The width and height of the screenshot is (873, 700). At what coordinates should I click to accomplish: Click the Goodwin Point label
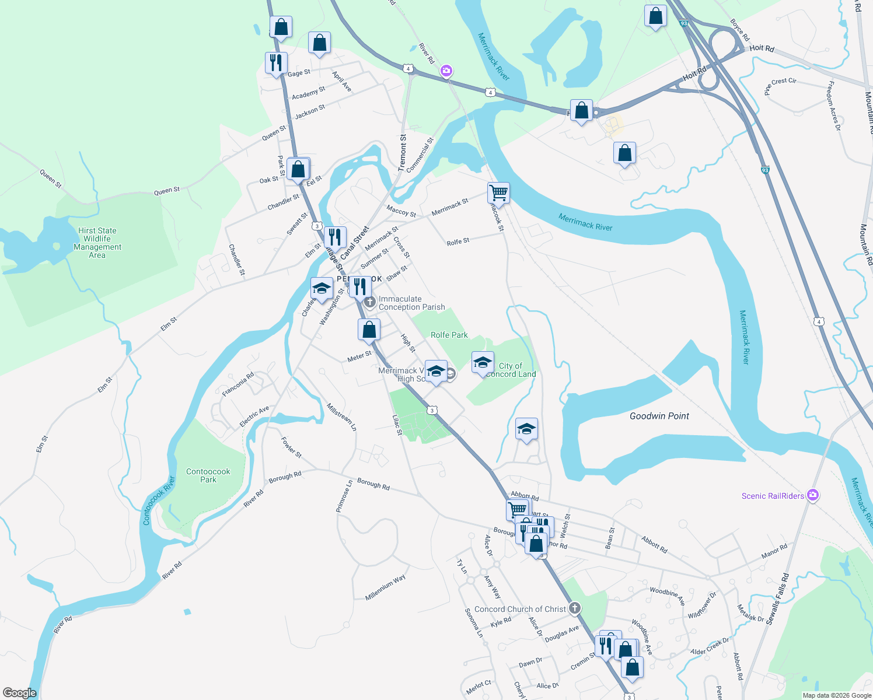click(x=659, y=416)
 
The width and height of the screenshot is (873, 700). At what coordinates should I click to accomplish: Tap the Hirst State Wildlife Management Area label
click(x=97, y=243)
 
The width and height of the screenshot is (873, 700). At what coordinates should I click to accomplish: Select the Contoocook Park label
click(x=208, y=475)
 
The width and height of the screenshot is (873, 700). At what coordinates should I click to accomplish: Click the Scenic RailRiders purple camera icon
click(x=813, y=495)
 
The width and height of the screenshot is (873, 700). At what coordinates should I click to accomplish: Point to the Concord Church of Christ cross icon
click(x=575, y=608)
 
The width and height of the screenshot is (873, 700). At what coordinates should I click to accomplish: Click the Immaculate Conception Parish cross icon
click(x=369, y=302)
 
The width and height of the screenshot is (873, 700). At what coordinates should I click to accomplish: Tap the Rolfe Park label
click(x=449, y=335)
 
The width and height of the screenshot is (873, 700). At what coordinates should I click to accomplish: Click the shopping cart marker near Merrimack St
click(x=498, y=192)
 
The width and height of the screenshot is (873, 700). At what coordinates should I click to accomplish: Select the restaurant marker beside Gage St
click(x=276, y=62)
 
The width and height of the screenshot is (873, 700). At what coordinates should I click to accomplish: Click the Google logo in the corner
click(x=19, y=693)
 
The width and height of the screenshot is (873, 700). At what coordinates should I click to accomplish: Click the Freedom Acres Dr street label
click(x=833, y=106)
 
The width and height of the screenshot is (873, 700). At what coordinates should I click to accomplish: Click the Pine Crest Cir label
click(x=780, y=85)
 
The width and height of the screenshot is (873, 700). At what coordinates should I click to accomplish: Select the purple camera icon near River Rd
click(x=446, y=71)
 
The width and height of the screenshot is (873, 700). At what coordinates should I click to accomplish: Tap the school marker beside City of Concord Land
click(x=483, y=363)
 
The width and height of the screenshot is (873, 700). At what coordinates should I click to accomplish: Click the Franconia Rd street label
click(x=238, y=384)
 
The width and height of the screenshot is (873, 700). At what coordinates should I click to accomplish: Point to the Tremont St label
click(x=403, y=153)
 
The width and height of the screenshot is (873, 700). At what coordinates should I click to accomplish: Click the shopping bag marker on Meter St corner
click(x=369, y=330)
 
